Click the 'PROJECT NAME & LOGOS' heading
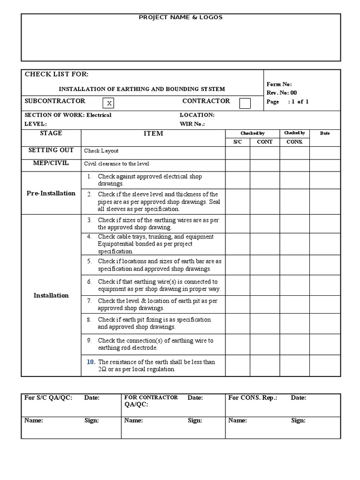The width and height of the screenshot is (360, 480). point(180,17)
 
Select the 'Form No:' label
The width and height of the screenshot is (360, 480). point(279,84)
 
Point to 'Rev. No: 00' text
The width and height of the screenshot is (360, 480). point(281,93)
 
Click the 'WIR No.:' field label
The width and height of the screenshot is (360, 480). point(193,124)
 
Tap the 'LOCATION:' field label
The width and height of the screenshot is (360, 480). point(197,115)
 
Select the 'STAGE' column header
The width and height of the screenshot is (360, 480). point(51,133)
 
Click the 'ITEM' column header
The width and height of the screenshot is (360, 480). point(153,134)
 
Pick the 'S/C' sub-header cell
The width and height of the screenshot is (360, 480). point(238,142)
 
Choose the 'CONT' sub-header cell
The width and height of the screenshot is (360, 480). point(265,142)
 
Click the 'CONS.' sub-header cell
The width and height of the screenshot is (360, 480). point(294,142)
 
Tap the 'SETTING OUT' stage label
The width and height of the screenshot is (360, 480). point(51,150)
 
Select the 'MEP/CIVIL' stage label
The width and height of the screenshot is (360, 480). point(48,163)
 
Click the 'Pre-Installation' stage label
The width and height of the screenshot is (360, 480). point(51,193)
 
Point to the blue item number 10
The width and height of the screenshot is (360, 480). point(90,362)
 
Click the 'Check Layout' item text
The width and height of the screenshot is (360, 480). point(101,151)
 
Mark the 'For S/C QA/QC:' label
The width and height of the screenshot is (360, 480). point(48,398)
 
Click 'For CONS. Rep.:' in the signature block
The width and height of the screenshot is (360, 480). point(253,398)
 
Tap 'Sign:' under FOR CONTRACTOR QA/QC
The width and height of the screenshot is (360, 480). point(195,420)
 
